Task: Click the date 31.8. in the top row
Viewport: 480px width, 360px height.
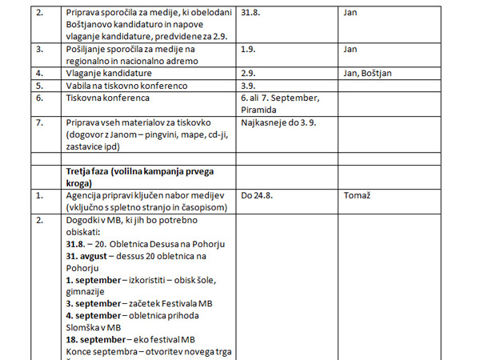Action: [x=252, y=13]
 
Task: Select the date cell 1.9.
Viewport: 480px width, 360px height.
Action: [x=249, y=49]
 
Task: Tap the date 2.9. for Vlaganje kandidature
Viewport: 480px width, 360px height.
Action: [x=249, y=73]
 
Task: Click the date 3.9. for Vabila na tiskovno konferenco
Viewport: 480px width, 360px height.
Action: [x=249, y=85]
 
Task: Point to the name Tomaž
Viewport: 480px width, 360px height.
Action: [x=357, y=194]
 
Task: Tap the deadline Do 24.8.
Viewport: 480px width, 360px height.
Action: [x=258, y=194]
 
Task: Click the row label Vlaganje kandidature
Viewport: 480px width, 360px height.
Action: [x=109, y=73]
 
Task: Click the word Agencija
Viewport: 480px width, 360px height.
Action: [x=86, y=194]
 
